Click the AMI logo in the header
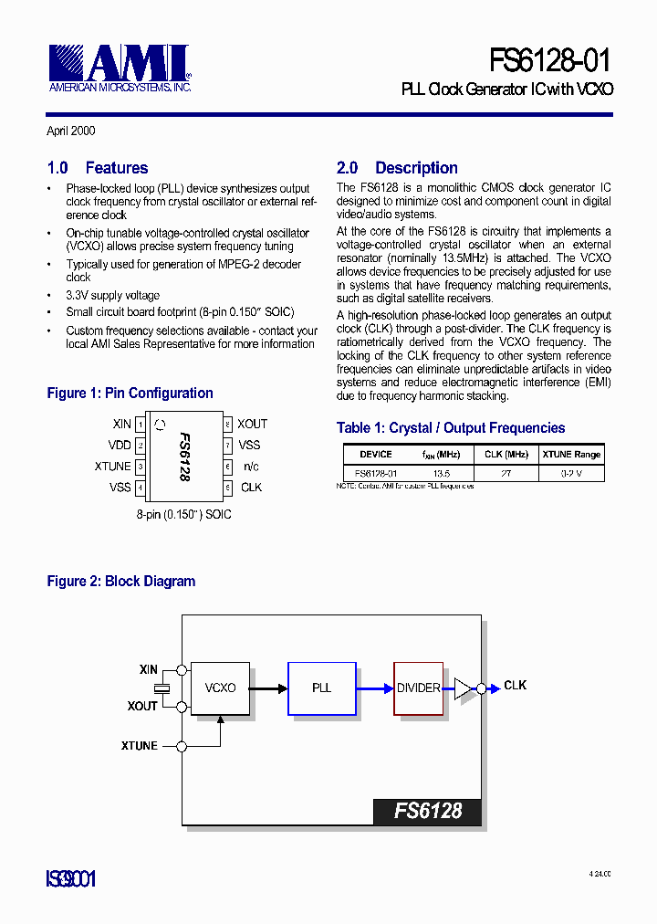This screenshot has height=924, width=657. (x=119, y=67)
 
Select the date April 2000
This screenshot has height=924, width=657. (x=71, y=131)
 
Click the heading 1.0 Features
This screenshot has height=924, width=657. (x=98, y=168)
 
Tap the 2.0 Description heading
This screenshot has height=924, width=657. (x=397, y=168)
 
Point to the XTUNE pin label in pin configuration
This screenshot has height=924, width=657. (x=113, y=467)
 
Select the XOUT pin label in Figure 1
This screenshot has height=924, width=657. (x=253, y=424)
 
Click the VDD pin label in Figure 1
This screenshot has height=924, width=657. (x=120, y=445)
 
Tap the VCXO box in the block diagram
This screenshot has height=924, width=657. (x=220, y=688)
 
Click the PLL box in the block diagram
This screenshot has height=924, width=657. (x=321, y=688)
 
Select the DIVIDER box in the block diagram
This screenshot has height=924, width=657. (x=419, y=688)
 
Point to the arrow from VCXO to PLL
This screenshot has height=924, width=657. (x=268, y=688)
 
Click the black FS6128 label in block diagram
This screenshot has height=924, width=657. (x=427, y=811)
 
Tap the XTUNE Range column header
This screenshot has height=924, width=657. (x=571, y=454)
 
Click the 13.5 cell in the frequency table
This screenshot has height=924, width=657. (x=442, y=473)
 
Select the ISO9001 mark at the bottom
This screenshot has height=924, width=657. (x=71, y=879)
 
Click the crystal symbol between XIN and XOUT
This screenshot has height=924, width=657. (x=162, y=688)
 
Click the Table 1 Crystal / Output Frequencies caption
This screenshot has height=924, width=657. (x=451, y=428)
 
